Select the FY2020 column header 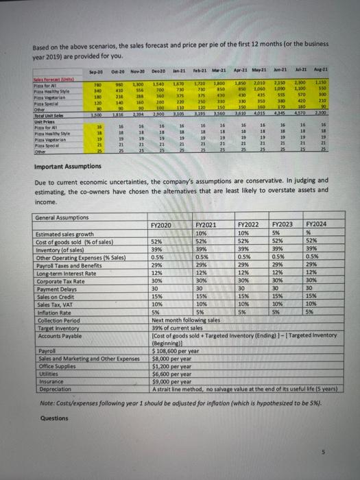[161, 224]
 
